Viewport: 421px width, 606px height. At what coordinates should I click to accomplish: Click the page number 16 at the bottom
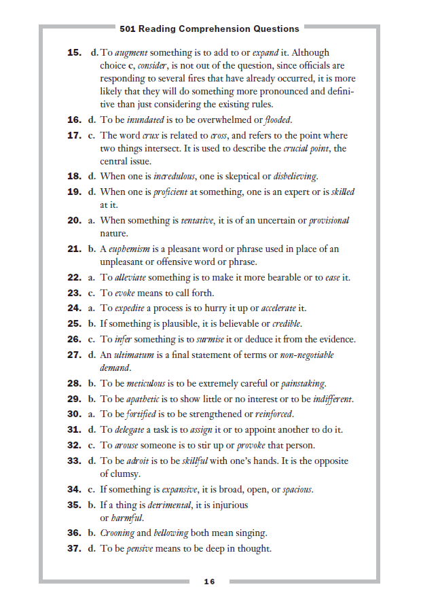[209, 582]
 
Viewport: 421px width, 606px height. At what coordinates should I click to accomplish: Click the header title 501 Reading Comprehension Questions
[209, 29]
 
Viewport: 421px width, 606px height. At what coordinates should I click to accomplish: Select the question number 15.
[75, 52]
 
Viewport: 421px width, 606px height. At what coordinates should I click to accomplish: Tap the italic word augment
[131, 52]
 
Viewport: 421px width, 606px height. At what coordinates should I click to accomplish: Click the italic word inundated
[145, 120]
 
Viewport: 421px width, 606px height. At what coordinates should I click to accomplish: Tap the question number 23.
[75, 293]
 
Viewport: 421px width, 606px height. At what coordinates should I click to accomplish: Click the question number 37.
[75, 548]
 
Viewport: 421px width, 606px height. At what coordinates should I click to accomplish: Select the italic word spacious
[297, 489]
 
